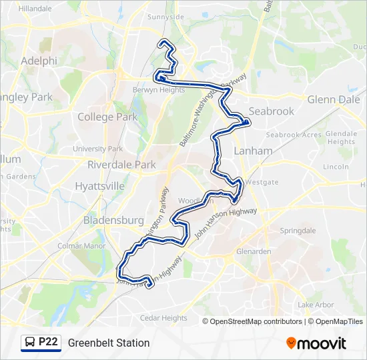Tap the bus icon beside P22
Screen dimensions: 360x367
[x=30, y=343]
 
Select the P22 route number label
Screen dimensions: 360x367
[x=48, y=342]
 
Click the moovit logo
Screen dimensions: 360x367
[x=316, y=343]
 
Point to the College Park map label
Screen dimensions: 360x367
[x=107, y=117]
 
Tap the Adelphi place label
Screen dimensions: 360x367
[x=39, y=61]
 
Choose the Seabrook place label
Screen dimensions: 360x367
[x=271, y=111]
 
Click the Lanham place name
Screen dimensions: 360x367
[x=253, y=151]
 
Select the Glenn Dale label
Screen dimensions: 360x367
[x=334, y=99]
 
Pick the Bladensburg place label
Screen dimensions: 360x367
[x=113, y=219]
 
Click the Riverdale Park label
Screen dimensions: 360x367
[x=122, y=165]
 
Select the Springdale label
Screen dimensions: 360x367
[x=298, y=231]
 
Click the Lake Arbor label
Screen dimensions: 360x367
[x=316, y=305]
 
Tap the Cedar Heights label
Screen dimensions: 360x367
[x=163, y=318]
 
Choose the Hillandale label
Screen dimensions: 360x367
[x=35, y=9]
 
